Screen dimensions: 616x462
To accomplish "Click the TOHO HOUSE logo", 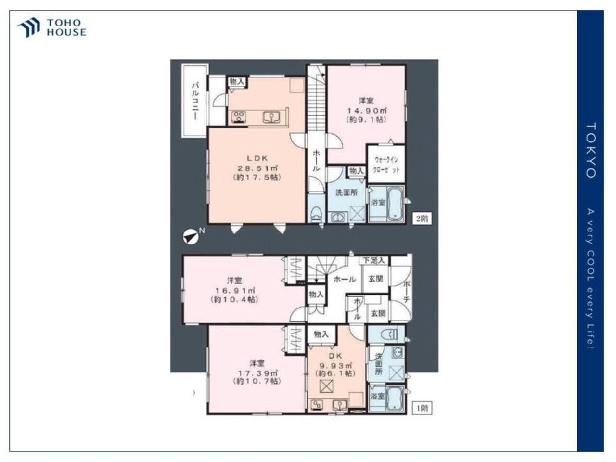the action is pyautogui.click(x=51, y=27).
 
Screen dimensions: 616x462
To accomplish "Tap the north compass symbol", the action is pyautogui.click(x=191, y=237).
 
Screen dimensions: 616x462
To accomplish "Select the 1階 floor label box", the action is pyautogui.click(x=422, y=408).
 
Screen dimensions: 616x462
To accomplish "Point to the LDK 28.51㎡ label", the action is pyautogui.click(x=257, y=168).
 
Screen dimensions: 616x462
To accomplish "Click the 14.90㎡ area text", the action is pyautogui.click(x=367, y=111).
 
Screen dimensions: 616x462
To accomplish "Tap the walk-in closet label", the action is pyautogui.click(x=386, y=165).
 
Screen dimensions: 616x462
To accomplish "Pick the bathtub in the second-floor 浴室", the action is pyautogui.click(x=396, y=204).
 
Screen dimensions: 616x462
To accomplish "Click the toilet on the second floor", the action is pyautogui.click(x=317, y=215).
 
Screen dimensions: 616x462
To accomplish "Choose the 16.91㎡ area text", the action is pyautogui.click(x=235, y=290).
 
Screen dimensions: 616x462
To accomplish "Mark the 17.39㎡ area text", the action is pyautogui.click(x=257, y=373).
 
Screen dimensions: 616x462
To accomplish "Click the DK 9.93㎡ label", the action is pyautogui.click(x=335, y=365).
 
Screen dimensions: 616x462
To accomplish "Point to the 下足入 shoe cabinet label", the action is pyautogui.click(x=374, y=260).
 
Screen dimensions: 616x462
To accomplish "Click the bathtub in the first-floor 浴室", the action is pyautogui.click(x=395, y=399).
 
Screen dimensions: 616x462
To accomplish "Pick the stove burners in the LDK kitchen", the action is pyautogui.click(x=239, y=116).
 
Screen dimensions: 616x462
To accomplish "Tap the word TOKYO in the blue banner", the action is pyautogui.click(x=591, y=151).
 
